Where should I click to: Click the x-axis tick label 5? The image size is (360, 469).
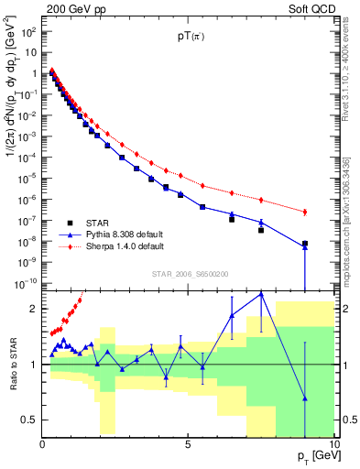188,444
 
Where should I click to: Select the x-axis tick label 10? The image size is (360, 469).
333,444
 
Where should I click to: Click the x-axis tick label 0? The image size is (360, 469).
42,444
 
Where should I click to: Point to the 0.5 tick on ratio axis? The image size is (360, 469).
27,420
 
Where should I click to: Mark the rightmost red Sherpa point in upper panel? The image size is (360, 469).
304,213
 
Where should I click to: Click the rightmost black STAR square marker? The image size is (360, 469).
305,245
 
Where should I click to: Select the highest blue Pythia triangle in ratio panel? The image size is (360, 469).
261,294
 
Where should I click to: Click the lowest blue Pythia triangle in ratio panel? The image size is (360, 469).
304,398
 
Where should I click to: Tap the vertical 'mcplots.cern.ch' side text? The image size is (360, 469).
353,229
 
